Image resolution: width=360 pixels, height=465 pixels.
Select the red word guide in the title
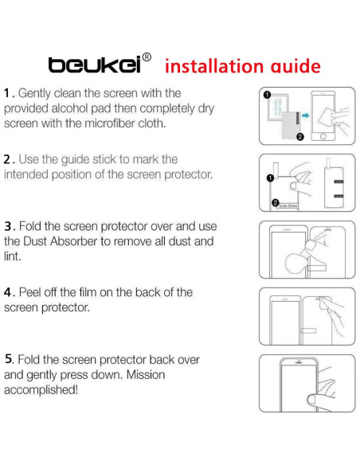(293, 65)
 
